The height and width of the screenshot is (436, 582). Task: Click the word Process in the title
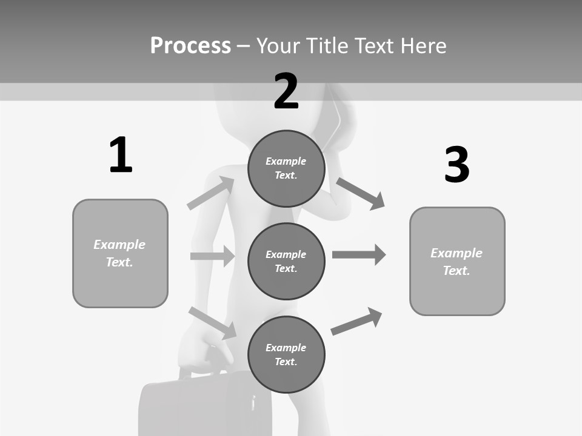pos(190,45)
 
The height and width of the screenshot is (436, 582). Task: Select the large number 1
pos(121,155)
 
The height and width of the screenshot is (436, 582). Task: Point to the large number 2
pos(286,91)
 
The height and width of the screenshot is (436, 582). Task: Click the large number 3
pos(457,165)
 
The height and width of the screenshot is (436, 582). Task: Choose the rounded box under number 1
pos(120,253)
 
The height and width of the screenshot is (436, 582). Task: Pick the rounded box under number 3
pos(457,261)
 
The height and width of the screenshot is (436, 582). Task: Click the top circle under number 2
pos(286,168)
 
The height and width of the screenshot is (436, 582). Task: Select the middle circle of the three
pos(286,261)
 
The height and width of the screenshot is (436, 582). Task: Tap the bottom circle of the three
pos(286,354)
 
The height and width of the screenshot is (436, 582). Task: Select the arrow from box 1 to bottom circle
pos(212,322)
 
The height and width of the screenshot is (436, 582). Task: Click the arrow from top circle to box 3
pos(360,193)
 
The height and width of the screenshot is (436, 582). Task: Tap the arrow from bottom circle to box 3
pos(356,321)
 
